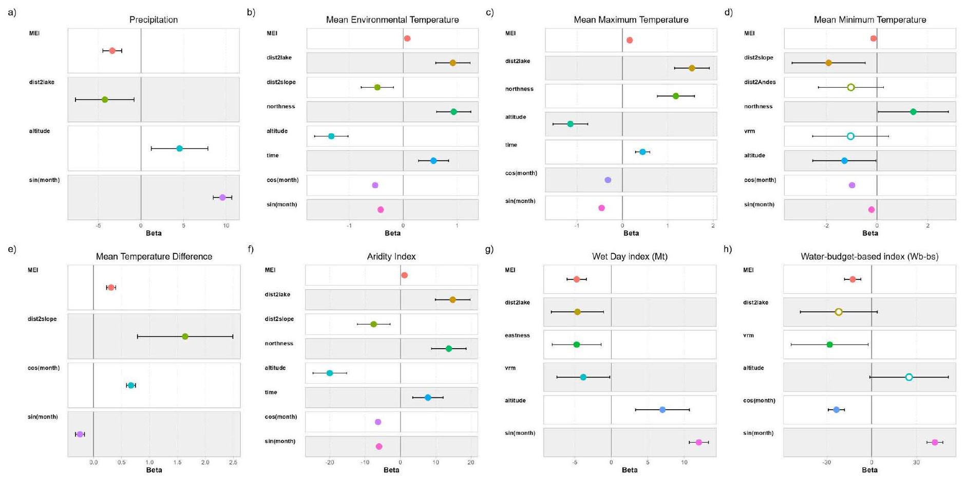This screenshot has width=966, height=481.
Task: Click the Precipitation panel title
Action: click(153, 20)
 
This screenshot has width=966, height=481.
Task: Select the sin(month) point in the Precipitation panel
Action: click(222, 197)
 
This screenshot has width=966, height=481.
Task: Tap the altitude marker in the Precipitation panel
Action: click(179, 149)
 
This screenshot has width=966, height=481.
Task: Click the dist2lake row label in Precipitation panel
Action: click(42, 82)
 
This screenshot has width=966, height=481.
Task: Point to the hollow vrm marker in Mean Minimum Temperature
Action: click(850, 136)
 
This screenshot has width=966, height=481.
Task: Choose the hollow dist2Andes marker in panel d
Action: click(851, 87)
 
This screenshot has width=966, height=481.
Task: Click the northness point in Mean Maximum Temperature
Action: click(676, 96)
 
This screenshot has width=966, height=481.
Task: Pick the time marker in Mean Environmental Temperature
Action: click(433, 161)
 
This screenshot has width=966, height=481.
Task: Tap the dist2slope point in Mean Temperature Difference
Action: click(185, 336)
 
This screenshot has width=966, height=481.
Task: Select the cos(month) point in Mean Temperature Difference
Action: click(131, 386)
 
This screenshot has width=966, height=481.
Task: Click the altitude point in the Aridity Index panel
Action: click(330, 373)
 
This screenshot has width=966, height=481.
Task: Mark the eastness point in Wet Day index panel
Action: click(576, 345)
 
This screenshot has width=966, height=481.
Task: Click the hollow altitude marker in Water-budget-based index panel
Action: click(909, 377)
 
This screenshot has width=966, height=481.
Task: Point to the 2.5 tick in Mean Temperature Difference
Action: click(233, 463)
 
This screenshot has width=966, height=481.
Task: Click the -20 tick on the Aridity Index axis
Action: click(330, 463)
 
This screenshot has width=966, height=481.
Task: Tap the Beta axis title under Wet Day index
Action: click(630, 470)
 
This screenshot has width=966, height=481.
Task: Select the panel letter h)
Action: click(728, 249)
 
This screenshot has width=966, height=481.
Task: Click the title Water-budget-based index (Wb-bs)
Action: click(869, 257)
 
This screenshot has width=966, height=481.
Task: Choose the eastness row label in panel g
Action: click(517, 335)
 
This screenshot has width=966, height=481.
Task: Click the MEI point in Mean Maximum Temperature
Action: click(630, 40)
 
